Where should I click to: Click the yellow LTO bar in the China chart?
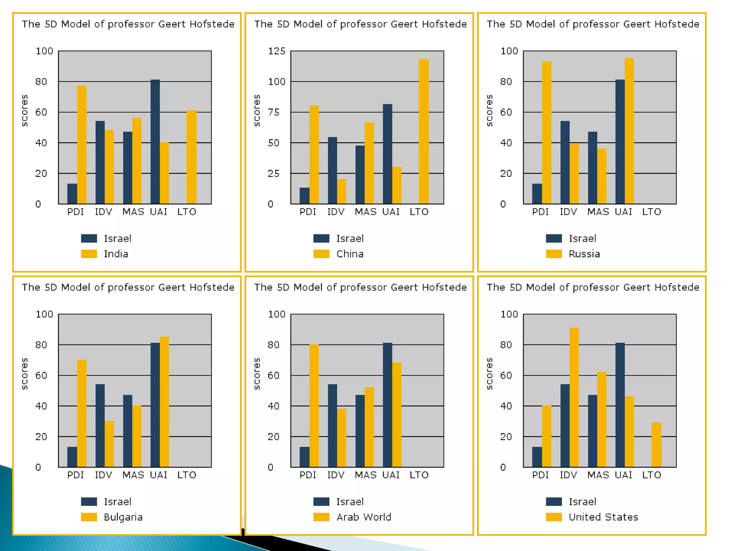point(424,131)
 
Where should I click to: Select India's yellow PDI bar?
point(82,145)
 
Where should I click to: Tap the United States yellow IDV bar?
point(574,397)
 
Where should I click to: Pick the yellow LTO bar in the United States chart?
point(656,445)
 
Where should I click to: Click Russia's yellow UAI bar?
point(629,131)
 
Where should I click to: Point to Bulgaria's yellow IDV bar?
point(109,444)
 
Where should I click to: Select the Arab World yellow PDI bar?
point(314,406)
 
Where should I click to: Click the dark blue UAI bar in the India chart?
point(155,142)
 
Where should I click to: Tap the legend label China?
point(350,254)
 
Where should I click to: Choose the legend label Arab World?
point(363,517)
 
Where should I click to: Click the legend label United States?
point(603,517)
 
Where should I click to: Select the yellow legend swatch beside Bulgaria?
point(89,517)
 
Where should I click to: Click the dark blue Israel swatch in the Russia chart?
point(554,239)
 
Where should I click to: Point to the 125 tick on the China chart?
point(277,51)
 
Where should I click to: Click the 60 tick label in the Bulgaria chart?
point(41,376)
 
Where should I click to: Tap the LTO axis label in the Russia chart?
point(651,212)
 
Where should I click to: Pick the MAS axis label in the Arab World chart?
point(365,475)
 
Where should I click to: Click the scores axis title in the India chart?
point(24,110)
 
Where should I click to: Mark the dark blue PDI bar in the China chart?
point(304,196)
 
